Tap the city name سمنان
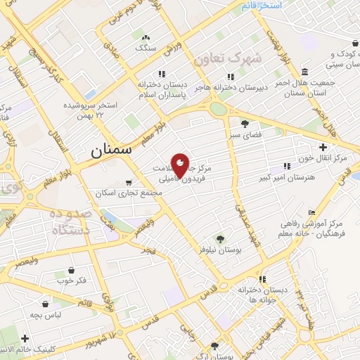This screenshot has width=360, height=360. coord(112,150)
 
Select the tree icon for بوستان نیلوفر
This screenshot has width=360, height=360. coord(220,239)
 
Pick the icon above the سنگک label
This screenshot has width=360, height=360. coord(146,37)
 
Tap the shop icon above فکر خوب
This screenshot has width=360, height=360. coord(71,270)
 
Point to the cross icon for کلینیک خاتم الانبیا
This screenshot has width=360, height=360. coord(25,339)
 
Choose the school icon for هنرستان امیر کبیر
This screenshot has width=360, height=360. coord(286,166)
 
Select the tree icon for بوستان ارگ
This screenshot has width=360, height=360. coord(214,346)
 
